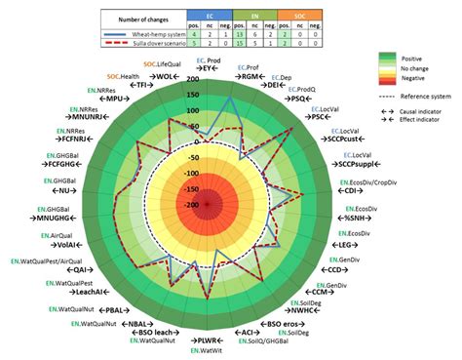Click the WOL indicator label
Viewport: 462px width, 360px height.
pyautogui.click(x=167, y=76)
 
